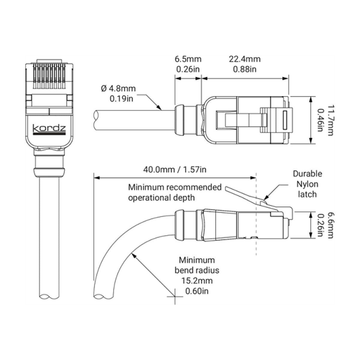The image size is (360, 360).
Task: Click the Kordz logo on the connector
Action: tap(49, 130)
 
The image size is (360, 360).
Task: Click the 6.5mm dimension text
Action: tap(188, 59)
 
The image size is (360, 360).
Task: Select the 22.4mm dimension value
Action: tap(245, 59)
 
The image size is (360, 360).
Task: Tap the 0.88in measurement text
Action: tap(245, 69)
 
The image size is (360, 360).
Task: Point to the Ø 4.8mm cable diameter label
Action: tap(118, 88)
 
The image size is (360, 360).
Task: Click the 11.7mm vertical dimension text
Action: tap(330, 120)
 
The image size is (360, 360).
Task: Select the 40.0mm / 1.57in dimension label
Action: tap(175, 169)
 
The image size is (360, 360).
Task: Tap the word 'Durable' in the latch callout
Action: tap(307, 174)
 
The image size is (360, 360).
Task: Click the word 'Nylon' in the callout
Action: tap(307, 184)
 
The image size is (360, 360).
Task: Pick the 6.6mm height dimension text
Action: tap(330, 226)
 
